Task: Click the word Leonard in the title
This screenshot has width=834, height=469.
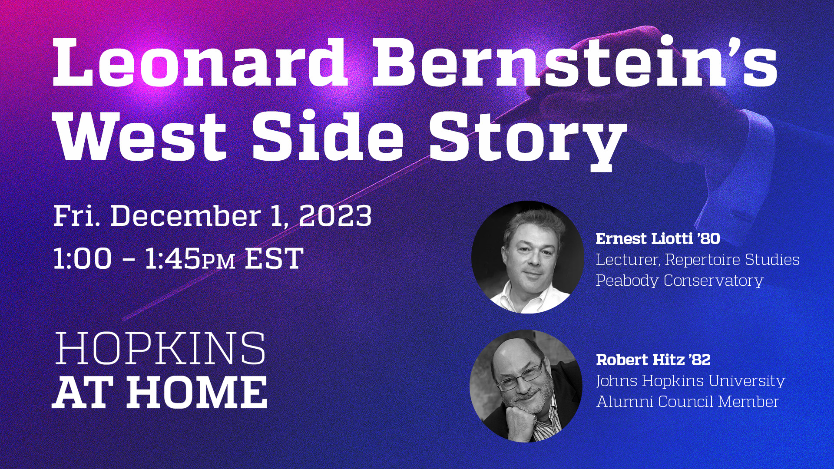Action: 199,63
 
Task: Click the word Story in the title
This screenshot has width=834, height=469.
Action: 527,138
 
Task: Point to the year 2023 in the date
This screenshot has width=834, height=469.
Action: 335,216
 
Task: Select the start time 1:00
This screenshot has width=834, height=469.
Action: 83,259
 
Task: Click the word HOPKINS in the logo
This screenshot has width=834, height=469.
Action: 160,349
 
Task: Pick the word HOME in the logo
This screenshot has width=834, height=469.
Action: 197,392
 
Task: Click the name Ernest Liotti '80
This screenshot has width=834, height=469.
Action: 658,238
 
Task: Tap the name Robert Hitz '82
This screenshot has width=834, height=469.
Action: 653,360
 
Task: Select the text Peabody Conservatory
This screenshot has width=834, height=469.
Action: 679,281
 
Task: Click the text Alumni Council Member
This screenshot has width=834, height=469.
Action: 688,402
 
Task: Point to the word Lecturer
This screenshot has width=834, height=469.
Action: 628,260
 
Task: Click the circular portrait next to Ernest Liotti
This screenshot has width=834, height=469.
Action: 528,257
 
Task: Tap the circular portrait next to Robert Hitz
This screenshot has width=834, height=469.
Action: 526,386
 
